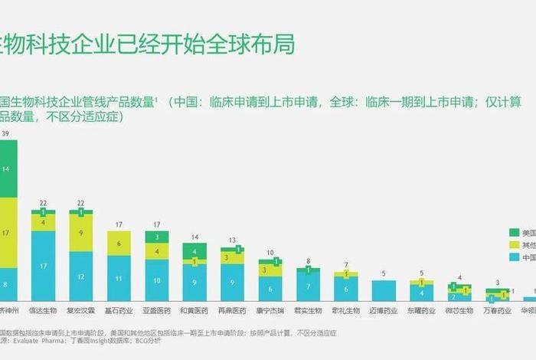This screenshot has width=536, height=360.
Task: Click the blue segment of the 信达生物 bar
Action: tap(43, 266)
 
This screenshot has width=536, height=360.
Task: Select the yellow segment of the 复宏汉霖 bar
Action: tap(80, 233)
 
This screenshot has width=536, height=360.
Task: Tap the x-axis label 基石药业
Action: tap(118, 311)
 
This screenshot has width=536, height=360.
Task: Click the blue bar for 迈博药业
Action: tap(383, 290)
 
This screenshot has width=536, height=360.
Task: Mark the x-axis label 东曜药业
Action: tap(421, 311)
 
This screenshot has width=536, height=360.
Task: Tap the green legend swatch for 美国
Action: tap(514, 232)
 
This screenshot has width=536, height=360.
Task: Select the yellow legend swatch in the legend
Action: tap(514, 245)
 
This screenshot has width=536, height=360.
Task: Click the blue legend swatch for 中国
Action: tap(514, 258)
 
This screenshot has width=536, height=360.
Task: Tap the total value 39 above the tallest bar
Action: tap(6, 134)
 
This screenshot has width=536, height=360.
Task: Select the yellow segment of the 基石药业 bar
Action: tap(118, 244)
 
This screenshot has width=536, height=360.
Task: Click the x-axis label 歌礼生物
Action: tap(345, 311)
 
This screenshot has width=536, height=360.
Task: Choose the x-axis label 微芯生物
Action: tap(459, 311)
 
